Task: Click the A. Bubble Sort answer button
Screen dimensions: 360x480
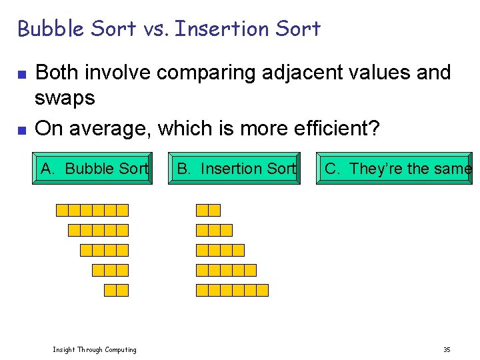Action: point(92,169)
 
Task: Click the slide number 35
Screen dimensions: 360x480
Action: point(447,349)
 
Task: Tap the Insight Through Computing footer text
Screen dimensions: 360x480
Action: point(95,349)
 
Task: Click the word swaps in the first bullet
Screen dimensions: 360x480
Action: point(65,99)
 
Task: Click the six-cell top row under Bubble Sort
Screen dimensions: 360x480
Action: point(92,211)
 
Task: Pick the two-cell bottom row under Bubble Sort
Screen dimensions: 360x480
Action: point(116,290)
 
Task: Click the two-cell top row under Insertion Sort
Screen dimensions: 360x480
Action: point(208,211)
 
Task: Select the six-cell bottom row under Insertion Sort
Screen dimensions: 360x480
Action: point(232,290)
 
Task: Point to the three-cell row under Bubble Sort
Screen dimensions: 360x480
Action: point(110,270)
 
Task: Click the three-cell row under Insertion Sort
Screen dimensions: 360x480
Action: point(214,231)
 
